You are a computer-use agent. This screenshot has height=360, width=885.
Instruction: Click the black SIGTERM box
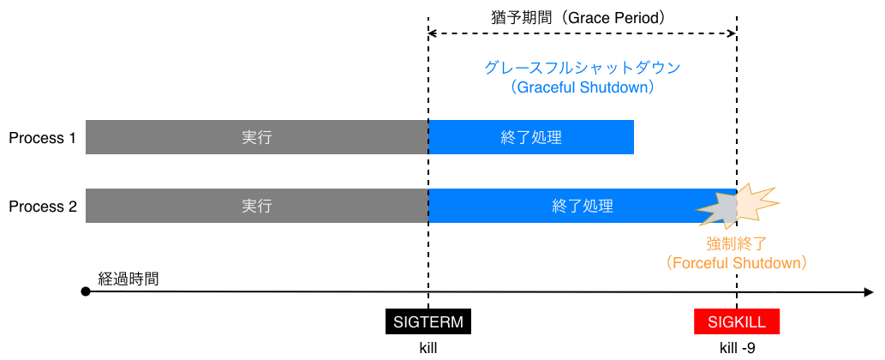[x=428, y=321]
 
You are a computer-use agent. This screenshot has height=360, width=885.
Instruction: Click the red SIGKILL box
[x=737, y=321]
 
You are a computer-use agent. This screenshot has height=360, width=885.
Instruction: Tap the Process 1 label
[x=43, y=137]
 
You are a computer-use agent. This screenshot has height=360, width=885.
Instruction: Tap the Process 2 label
[x=43, y=206]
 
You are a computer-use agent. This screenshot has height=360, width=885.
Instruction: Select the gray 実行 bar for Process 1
[x=256, y=137]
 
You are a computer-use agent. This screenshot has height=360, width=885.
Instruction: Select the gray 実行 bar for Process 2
[x=256, y=206]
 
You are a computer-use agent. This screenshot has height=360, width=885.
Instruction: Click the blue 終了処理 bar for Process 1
[x=531, y=137]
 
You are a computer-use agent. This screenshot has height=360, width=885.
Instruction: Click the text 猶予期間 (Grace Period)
[x=582, y=16]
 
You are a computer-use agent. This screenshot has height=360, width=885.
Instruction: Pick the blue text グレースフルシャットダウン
[x=582, y=68]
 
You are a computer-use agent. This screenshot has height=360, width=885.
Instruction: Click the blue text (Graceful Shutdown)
[x=582, y=87]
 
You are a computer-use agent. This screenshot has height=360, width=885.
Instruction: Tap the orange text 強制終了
[x=737, y=243]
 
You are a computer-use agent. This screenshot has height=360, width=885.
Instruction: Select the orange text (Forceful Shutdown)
[x=737, y=262]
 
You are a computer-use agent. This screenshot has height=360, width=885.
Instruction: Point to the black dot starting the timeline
[x=86, y=292]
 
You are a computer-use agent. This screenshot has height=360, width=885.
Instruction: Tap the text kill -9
[x=737, y=348]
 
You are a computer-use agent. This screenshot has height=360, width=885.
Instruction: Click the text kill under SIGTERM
[x=428, y=348]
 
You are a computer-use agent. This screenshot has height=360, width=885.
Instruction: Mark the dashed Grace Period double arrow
[x=582, y=33]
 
